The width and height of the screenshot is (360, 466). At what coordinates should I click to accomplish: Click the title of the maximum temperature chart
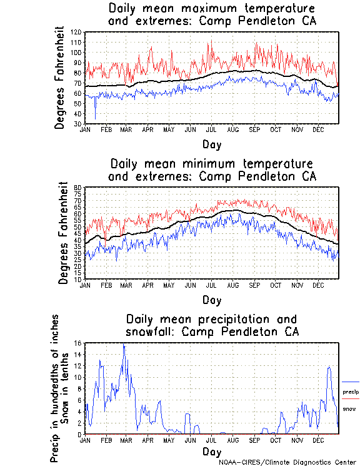212,14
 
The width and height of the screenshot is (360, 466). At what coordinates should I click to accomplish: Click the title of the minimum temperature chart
212,170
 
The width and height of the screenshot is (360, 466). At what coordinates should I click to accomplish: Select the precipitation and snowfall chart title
212,325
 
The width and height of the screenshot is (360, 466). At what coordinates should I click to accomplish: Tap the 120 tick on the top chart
77,32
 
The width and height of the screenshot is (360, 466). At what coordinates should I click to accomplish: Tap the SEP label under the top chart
255,129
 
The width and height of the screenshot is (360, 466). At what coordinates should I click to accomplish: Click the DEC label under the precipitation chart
318,440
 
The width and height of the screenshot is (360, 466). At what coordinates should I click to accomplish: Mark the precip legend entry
351,392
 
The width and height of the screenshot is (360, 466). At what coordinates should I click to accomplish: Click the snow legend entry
349,408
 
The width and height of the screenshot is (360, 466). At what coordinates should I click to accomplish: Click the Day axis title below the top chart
212,144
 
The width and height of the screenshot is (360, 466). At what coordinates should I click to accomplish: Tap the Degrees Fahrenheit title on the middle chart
63,233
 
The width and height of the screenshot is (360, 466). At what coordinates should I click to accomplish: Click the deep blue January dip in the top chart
96,118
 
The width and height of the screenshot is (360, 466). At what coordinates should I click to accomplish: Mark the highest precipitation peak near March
124,345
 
